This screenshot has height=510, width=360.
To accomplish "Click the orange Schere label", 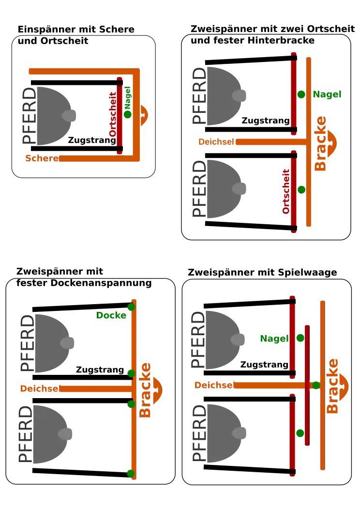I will pyautogui.click(x=41, y=158).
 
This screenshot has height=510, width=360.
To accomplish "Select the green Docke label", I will pyautogui.click(x=112, y=315).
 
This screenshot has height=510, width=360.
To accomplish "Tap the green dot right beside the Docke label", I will pyautogui.click(x=131, y=307).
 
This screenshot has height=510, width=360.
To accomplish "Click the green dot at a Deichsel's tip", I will pyautogui.click(x=316, y=385).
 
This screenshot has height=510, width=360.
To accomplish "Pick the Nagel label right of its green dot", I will pyautogui.click(x=327, y=94).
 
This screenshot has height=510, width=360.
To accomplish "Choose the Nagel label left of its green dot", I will pyautogui.click(x=274, y=339).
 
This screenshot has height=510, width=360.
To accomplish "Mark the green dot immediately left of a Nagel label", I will pyautogui.click(x=301, y=94).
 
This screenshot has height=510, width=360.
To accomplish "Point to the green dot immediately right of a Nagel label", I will pyautogui.click(x=300, y=338).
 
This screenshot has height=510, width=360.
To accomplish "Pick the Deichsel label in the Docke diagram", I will pyautogui.click(x=39, y=388).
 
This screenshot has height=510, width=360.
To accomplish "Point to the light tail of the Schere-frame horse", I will pyautogui.click(x=69, y=116).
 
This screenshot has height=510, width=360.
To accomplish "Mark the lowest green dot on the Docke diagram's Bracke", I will pyautogui.click(x=130, y=473).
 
